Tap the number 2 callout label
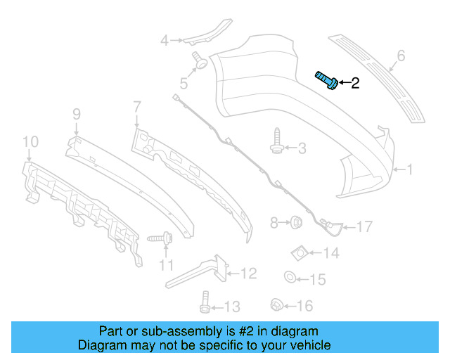(354, 84)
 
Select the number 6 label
(401, 55)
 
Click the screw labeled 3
(277, 146)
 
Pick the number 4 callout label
(164, 41)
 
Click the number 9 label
(77, 113)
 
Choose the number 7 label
(136, 107)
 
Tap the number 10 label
(30, 143)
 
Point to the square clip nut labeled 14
(298, 252)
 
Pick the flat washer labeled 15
(289, 278)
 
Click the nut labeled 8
(296, 223)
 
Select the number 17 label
(364, 226)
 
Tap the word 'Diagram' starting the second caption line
(99, 345)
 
